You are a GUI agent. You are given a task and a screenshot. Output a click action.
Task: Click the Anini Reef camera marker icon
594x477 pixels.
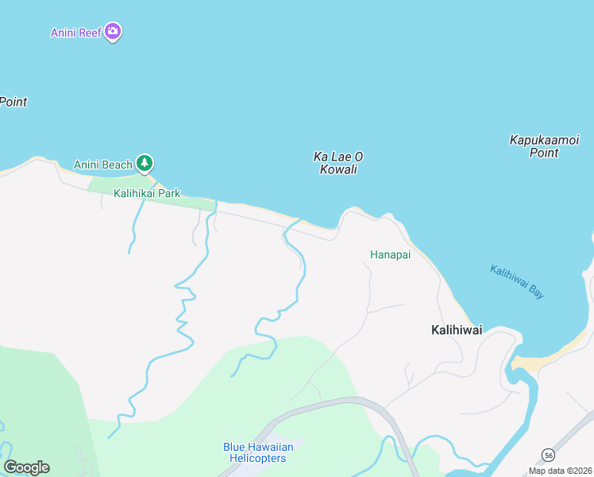click(113, 32)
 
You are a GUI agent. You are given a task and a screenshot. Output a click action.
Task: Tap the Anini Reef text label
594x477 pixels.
click(76, 33)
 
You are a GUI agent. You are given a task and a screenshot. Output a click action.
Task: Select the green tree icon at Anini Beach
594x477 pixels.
click(144, 164)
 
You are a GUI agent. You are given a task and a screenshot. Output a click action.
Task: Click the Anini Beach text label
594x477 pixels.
click(103, 165)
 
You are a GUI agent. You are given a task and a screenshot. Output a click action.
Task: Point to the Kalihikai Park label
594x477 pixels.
click(147, 193)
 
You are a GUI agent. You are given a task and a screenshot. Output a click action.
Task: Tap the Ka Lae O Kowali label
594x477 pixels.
click(338, 163)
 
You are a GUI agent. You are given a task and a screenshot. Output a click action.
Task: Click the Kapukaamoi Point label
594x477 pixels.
click(544, 146)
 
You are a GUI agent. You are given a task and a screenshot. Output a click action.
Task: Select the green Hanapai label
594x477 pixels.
click(389, 255)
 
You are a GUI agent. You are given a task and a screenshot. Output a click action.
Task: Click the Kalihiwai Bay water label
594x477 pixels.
click(517, 281)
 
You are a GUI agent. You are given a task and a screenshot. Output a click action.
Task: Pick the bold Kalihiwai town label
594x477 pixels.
click(457, 330)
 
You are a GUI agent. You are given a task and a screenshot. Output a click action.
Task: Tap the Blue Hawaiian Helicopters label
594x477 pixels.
click(258, 452)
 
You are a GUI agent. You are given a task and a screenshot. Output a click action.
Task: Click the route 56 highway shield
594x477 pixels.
click(548, 454)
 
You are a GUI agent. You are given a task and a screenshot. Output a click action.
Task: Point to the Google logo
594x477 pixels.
click(26, 467)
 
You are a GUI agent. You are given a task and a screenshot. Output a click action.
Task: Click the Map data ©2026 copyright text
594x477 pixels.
click(560, 471)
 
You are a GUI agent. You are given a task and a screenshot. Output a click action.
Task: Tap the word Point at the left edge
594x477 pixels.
click(13, 102)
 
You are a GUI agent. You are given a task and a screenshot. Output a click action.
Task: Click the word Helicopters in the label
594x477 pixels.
click(258, 459)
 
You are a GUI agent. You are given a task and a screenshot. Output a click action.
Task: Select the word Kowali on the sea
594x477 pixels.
click(338, 169)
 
